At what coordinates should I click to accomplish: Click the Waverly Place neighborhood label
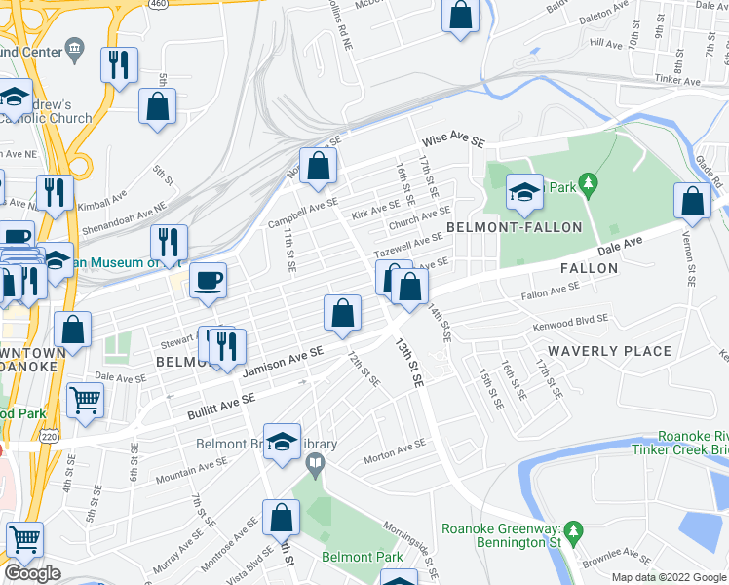(x=609, y=351)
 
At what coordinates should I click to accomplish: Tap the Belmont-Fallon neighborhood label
(x=514, y=227)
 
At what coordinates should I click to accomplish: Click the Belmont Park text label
(x=362, y=558)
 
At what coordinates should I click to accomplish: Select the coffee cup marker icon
(x=208, y=282)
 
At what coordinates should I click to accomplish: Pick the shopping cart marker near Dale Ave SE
(x=86, y=399)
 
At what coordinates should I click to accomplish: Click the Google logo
(x=32, y=573)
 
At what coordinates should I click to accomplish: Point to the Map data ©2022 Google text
(x=668, y=577)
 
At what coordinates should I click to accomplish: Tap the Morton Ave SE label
(x=394, y=447)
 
